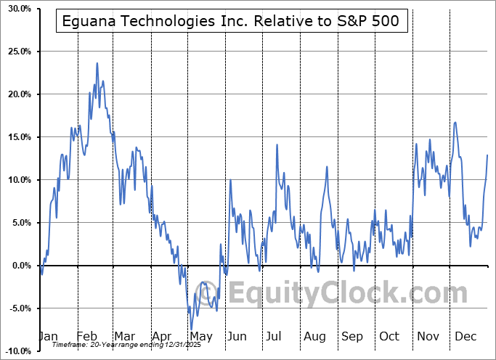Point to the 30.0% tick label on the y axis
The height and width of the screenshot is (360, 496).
(x=17, y=9)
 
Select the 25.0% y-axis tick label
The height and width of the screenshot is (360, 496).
(x=17, y=52)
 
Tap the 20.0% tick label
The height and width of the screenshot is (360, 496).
(x=17, y=94)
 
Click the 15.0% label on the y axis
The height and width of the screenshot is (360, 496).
(x=17, y=137)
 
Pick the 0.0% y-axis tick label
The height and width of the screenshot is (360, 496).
(x=19, y=266)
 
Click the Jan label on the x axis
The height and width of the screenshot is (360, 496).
(x=47, y=336)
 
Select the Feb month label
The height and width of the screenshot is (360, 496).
(x=86, y=336)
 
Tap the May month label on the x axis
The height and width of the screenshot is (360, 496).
(x=200, y=336)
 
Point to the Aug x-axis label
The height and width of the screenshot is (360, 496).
(x=314, y=336)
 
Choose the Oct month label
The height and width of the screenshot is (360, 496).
(x=389, y=336)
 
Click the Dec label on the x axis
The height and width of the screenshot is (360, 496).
(x=465, y=336)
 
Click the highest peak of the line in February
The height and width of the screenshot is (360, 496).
(x=97, y=63)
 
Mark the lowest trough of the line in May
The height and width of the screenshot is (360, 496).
(x=191, y=329)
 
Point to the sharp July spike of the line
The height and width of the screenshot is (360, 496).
(x=277, y=145)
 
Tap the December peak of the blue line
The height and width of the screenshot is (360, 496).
(x=455, y=122)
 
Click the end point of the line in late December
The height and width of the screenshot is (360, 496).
(x=487, y=155)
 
